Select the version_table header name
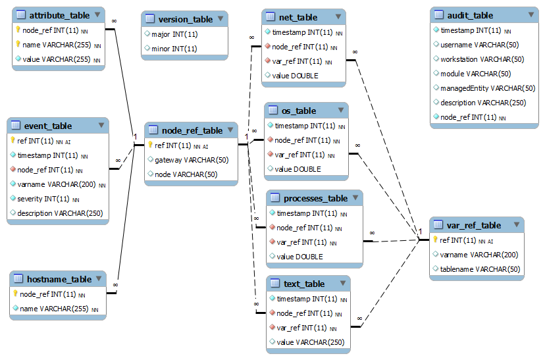pos(186,19)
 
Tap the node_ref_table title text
pos(192,130)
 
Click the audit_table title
pos(470,15)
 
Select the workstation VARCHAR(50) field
pos(482,59)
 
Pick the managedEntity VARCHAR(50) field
pos(488,88)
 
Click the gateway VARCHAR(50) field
pos(192,160)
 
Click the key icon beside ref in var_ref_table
pos(436,240)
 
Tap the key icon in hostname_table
pos(15,294)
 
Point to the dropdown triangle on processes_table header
pos(354,198)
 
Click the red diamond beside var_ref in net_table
pos(268,61)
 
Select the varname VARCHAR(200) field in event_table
pos(57,184)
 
